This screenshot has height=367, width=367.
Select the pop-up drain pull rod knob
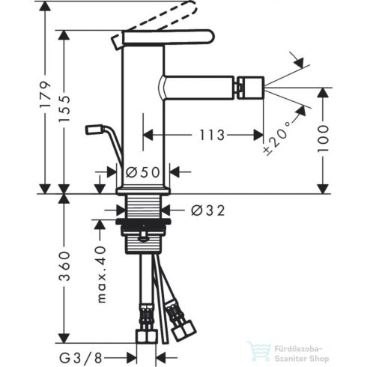tap(93, 130)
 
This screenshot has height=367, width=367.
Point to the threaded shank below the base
tap(148, 209)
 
